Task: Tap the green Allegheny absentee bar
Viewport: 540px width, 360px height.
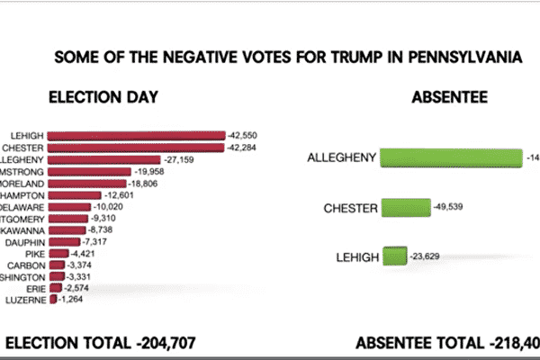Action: coord(451,158)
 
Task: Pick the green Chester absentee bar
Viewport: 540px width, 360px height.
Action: coord(405,209)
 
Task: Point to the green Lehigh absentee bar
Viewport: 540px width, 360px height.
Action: coord(394,257)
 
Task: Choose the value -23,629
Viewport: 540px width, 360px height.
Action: coord(427,258)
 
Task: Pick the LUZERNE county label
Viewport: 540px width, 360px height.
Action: coord(27,300)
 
